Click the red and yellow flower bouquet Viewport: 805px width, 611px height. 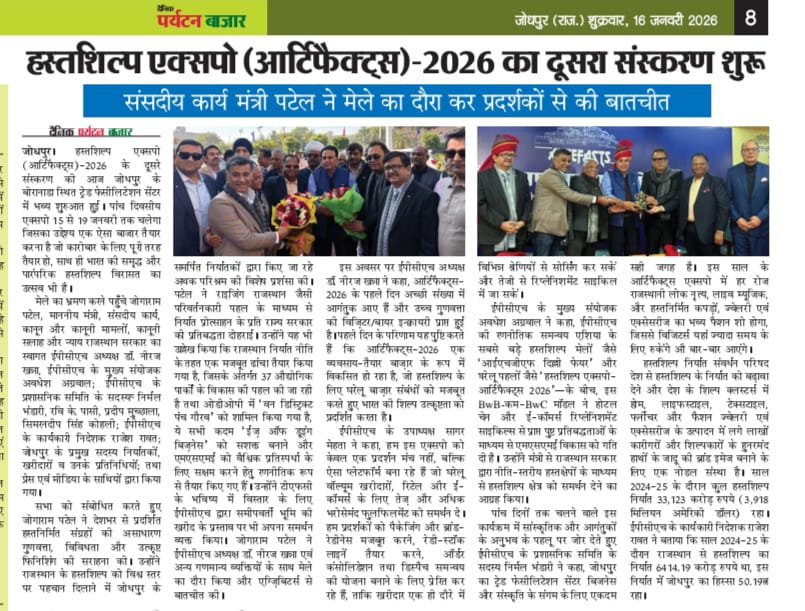tap(296, 211)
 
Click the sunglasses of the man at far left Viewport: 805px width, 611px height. tap(189, 155)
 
